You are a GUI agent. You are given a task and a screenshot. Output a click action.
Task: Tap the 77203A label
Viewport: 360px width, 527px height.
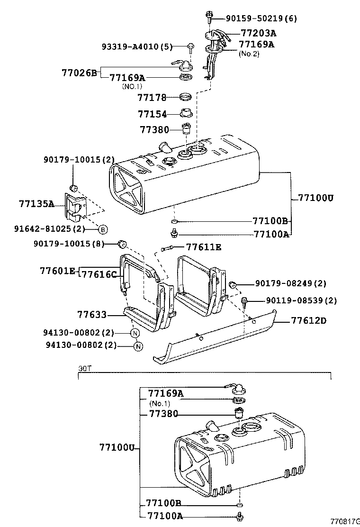click(x=258, y=33)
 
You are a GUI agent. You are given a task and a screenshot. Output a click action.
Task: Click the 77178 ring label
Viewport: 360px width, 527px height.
click(x=152, y=98)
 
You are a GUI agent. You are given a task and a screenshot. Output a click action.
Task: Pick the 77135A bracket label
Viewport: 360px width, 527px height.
click(x=36, y=204)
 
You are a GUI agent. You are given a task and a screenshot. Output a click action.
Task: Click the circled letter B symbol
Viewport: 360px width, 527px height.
click(x=103, y=229)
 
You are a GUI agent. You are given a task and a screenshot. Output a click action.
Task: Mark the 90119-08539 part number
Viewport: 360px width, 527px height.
click(x=301, y=300)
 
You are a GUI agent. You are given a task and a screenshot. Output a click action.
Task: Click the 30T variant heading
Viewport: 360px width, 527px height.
click(x=83, y=368)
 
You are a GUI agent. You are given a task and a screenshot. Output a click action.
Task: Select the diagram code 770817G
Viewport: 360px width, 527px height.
click(x=345, y=521)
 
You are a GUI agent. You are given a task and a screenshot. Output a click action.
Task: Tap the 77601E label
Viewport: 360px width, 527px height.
click(x=57, y=271)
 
